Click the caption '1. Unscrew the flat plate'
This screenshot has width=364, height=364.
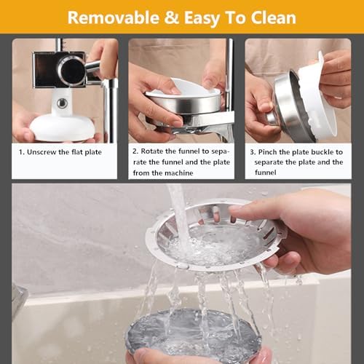[60, 152]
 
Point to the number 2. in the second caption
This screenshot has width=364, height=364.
[135, 151]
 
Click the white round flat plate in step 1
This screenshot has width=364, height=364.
[62, 127]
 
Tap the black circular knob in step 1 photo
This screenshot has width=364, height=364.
[71, 71]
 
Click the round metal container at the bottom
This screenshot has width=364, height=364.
[192, 335]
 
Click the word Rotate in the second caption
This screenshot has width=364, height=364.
[157, 151]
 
